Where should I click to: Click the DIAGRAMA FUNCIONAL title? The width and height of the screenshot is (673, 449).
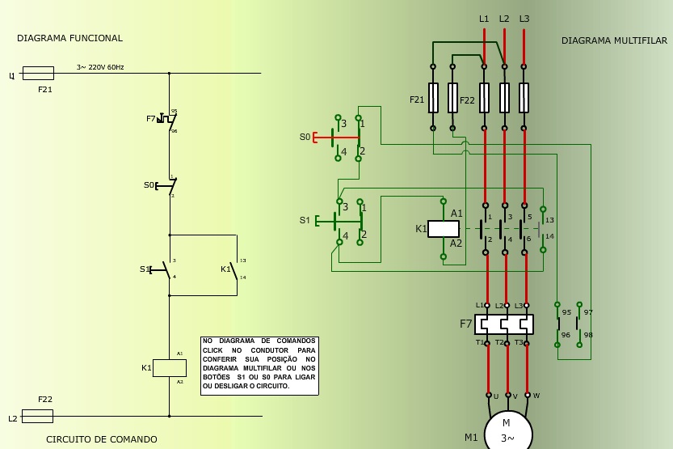point(69,38)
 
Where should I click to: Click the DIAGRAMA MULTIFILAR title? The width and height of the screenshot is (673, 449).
point(614,40)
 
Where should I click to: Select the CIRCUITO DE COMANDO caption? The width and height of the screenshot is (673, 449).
point(101,439)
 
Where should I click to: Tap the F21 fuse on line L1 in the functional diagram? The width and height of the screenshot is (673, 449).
point(38,73)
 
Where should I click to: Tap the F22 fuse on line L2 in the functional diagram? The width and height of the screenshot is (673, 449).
point(37,416)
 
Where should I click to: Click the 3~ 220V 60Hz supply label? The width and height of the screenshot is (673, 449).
point(100,67)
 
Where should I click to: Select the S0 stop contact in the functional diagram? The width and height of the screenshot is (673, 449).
point(168,185)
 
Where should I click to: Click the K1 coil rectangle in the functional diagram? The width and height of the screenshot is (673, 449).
point(170,367)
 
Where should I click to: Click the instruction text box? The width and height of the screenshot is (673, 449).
point(259,366)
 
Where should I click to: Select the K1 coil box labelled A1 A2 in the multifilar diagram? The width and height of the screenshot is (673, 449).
point(443,229)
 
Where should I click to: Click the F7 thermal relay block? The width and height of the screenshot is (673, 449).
point(504,324)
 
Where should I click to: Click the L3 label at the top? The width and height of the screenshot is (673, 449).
point(524,19)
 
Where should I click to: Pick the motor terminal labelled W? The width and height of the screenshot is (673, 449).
point(528,396)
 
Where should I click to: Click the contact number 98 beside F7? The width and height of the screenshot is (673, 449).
point(587,335)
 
